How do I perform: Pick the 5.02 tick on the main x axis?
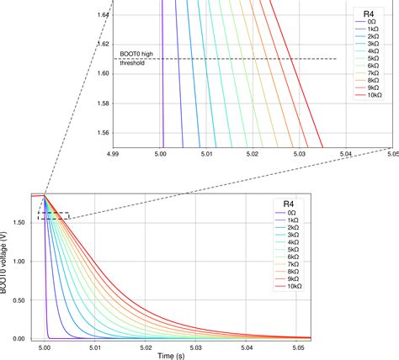tap(145, 347)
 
